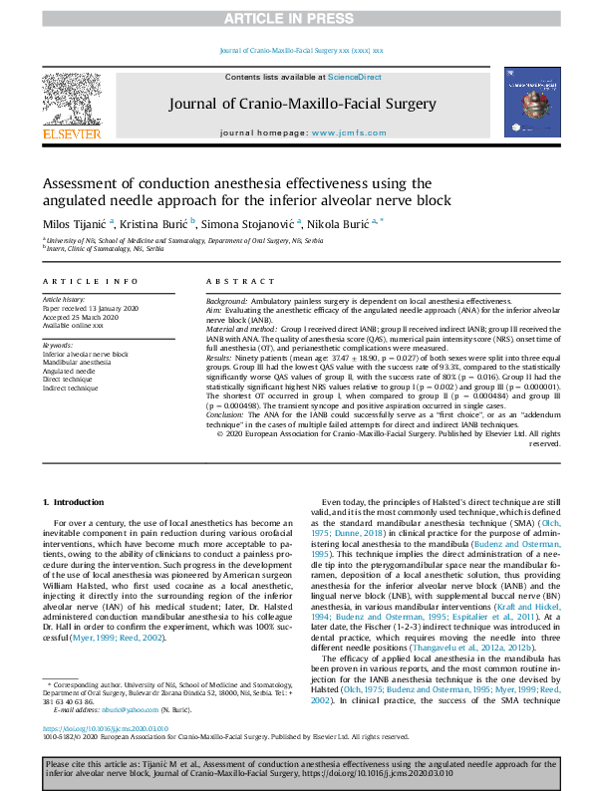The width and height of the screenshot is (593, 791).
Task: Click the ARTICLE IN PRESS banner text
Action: click(296, 19)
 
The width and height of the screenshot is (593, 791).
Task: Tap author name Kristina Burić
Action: click(157, 224)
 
